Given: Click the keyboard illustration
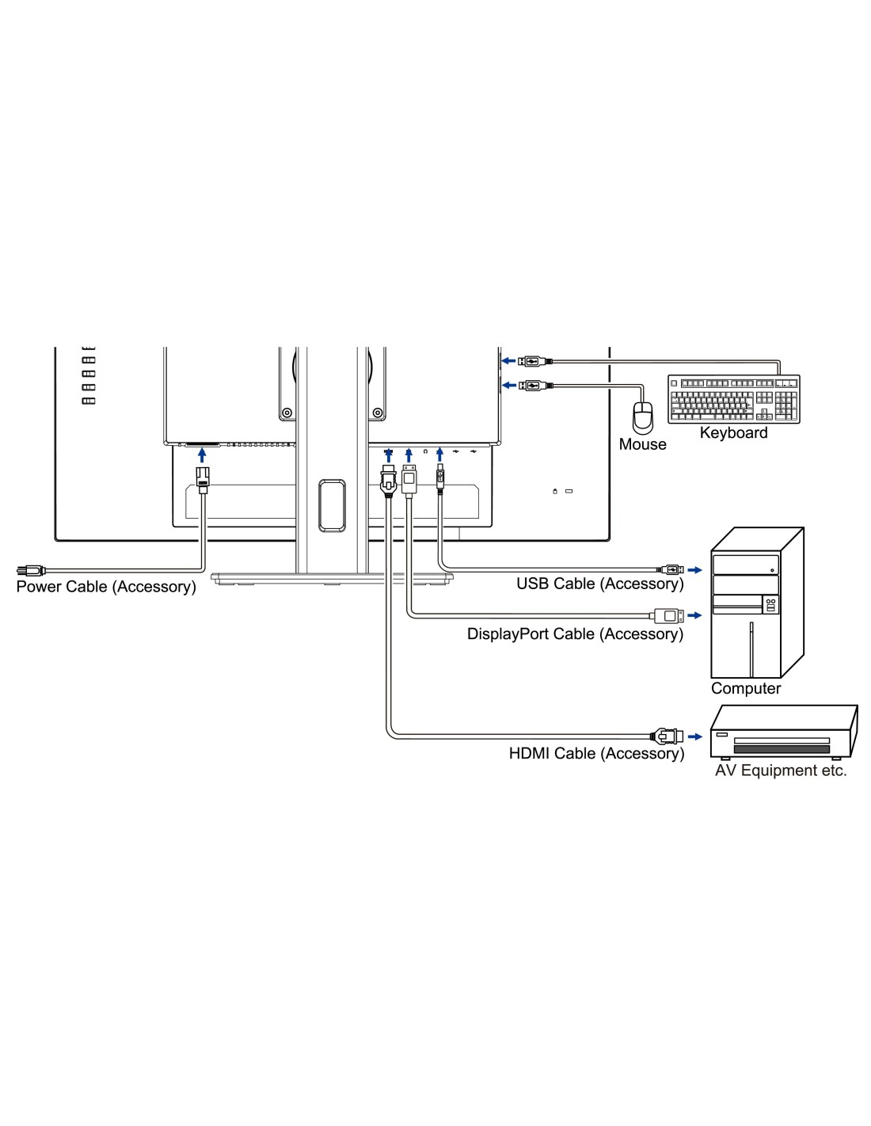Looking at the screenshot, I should pyautogui.click(x=733, y=399).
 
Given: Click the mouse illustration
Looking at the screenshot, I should pyautogui.click(x=643, y=417).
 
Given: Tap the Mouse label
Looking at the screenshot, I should pyautogui.click(x=642, y=444).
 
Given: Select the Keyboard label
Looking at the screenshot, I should pyautogui.click(x=733, y=433).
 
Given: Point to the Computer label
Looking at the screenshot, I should pyautogui.click(x=745, y=688).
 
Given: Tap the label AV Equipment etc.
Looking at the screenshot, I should pyautogui.click(x=781, y=770).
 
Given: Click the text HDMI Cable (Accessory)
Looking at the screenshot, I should pyautogui.click(x=596, y=753).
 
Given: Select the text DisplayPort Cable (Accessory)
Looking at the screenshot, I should pyautogui.click(x=575, y=633).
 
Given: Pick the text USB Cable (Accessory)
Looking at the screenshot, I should pyautogui.click(x=599, y=584).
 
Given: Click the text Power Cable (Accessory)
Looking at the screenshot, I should pyautogui.click(x=106, y=587).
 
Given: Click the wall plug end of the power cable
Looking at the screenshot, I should pyautogui.click(x=30, y=570).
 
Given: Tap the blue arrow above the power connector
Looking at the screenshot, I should pyautogui.click(x=202, y=455).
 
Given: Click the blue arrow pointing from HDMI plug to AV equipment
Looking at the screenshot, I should pyautogui.click(x=695, y=736).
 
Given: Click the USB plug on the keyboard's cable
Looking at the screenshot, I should pyautogui.click(x=530, y=361).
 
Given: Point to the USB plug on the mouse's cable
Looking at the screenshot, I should pyautogui.click(x=530, y=386).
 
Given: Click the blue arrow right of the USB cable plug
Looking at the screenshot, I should pyautogui.click(x=694, y=569).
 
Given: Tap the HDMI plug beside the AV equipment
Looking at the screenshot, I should pyautogui.click(x=667, y=736).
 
